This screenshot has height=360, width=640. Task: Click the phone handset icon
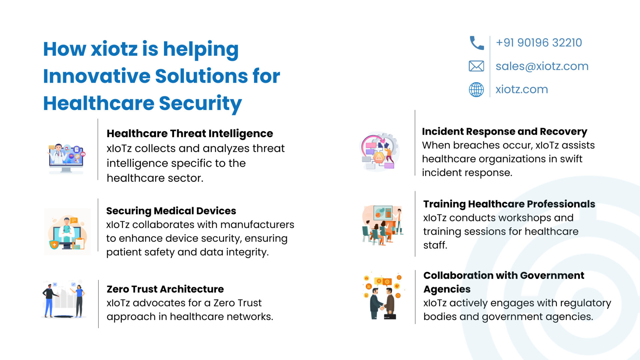pos(477,43)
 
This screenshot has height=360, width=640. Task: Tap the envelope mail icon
pos(476,66)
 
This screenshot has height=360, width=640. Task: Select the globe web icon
pos(476,89)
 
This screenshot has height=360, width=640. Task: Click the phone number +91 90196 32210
pos(539,43)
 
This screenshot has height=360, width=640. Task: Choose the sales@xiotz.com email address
pos(542,66)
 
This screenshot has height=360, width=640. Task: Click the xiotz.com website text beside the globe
pos(522,89)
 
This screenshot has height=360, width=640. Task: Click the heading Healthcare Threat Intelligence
pos(190,133)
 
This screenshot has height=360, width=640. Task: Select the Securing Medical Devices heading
pos(171,211)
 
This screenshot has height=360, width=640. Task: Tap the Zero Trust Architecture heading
pos(165,289)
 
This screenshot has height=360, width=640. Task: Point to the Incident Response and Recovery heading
pos(504,132)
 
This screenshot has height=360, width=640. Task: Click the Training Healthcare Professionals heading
pos(509,204)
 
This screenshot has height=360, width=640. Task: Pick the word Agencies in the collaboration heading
pos(447,289)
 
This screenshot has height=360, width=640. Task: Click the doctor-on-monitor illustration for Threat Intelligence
pos(66,158)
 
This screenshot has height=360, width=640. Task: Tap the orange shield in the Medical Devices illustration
pos(54,244)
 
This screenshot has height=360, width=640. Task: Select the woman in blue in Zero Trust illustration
pos(79,300)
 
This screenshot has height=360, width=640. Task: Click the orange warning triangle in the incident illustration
pos(379,157)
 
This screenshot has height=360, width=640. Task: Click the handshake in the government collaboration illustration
pos(382,307)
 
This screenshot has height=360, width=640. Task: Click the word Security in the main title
pos(200,103)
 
